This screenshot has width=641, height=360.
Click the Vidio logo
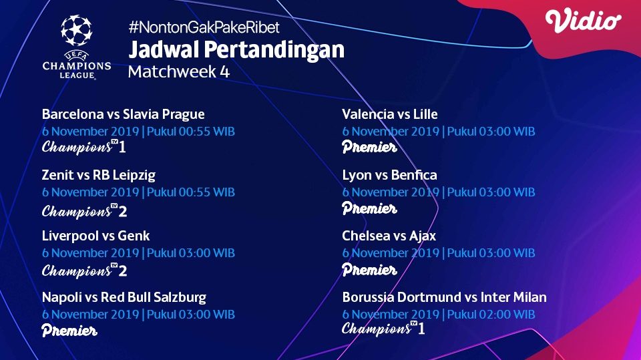[583, 21]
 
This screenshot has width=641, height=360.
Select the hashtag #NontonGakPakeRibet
[204, 28]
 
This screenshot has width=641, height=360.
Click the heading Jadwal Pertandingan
[236, 50]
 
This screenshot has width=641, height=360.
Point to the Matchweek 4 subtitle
[178, 72]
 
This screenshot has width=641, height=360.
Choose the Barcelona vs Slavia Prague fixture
[123, 114]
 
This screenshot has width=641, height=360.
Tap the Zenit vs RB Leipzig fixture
[98, 175]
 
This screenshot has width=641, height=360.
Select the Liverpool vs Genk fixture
[95, 236]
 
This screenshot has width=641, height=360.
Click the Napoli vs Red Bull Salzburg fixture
[124, 297]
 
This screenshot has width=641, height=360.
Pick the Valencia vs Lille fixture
[389, 114]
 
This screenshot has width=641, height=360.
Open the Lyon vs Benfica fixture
[389, 175]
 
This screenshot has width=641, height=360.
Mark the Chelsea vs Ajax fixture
[389, 236]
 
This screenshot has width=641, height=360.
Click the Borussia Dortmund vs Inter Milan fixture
[444, 297]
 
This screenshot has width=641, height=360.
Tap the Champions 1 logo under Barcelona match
[84, 147]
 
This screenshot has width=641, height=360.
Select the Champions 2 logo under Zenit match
[84, 211]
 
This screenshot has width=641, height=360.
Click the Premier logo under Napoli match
[69, 331]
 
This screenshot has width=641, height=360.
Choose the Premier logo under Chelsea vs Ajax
[369, 270]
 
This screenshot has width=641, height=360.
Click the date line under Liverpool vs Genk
[138, 253]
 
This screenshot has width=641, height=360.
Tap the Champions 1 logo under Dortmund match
[383, 329]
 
